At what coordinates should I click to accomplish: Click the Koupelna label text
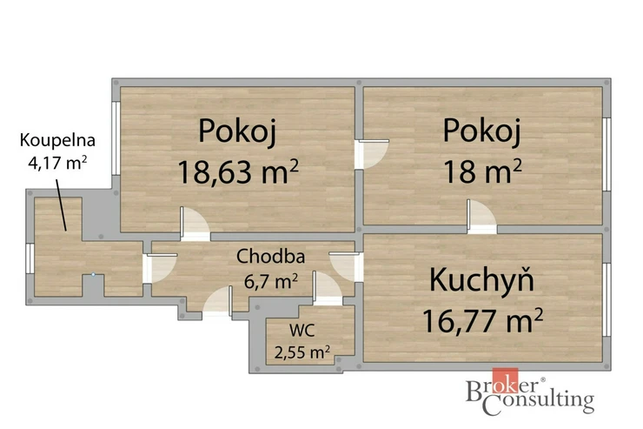click(57, 140)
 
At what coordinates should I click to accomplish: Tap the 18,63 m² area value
click(238, 171)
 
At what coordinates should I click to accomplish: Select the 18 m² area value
click(482, 171)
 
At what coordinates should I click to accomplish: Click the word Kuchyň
click(482, 279)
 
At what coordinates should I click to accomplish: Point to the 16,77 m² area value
click(482, 320)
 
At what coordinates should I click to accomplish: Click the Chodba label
click(270, 257)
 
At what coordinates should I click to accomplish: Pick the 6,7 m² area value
click(270, 282)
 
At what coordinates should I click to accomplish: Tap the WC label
click(302, 330)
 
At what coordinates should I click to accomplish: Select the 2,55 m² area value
click(302, 352)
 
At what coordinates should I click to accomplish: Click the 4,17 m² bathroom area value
click(57, 163)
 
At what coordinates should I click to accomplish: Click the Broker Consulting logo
click(530, 392)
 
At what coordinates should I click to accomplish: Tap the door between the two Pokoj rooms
click(372, 154)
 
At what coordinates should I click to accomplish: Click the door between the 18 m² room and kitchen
click(482, 217)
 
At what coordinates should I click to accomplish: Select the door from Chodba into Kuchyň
click(347, 267)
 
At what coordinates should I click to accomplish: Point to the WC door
click(328, 288)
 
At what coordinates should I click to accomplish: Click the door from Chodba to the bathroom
click(160, 269)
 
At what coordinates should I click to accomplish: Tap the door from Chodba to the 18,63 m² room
click(196, 224)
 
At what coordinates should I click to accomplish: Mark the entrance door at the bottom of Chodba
click(218, 302)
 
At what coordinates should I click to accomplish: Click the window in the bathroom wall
click(30, 258)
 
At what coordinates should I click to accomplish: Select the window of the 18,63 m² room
click(116, 138)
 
